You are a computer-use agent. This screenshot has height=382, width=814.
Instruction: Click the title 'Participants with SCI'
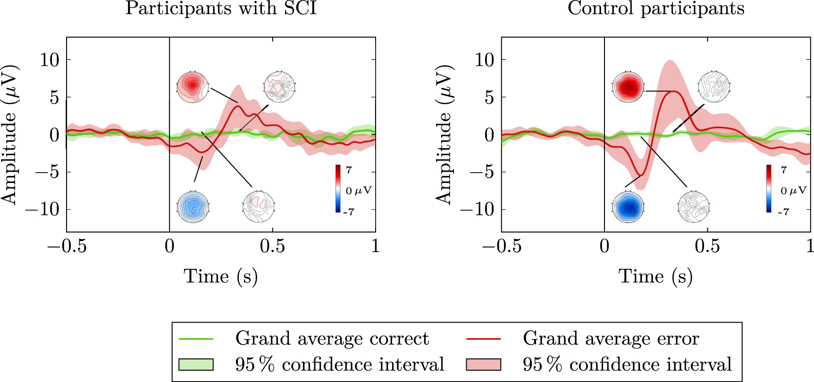pyautogui.click(x=221, y=8)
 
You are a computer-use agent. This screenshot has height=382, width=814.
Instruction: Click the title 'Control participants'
pyautogui.click(x=656, y=8)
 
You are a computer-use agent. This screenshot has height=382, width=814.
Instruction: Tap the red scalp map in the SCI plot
pyautogui.click(x=193, y=87)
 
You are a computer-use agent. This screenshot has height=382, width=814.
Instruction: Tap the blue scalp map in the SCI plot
pyautogui.click(x=193, y=207)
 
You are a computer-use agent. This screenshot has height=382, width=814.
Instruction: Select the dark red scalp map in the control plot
pyautogui.click(x=628, y=87)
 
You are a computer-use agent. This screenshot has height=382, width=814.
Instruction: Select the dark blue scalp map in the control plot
pyautogui.click(x=628, y=207)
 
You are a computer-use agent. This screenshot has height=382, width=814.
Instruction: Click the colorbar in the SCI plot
pyautogui.click(x=338, y=189)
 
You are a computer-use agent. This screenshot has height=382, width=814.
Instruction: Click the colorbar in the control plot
pyautogui.click(x=769, y=189)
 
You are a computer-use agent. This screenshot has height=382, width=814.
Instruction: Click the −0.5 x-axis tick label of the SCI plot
pyautogui.click(x=67, y=246)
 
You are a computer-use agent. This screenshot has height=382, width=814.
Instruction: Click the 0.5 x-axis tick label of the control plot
pyautogui.click(x=707, y=246)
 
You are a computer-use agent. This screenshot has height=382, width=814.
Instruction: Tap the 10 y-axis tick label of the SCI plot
pyautogui.click(x=50, y=60)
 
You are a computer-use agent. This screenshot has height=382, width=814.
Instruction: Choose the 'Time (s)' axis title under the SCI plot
pyautogui.click(x=220, y=276)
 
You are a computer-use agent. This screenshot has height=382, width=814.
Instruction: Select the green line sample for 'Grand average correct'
pyautogui.click(x=196, y=339)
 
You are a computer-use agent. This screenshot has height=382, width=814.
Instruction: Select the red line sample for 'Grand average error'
pyautogui.click(x=483, y=339)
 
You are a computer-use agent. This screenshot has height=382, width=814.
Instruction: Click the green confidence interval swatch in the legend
pyautogui.click(x=196, y=365)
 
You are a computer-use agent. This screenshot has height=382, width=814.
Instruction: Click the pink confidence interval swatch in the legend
pyautogui.click(x=483, y=365)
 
